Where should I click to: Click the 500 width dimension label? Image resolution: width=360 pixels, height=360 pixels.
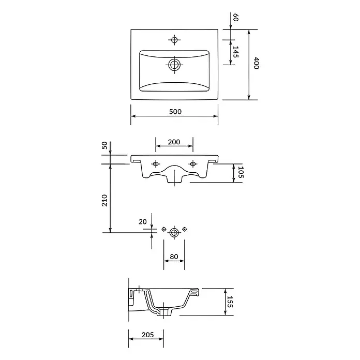pyautogui.click(x=175, y=112)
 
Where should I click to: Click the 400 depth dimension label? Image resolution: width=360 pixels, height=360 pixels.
pyautogui.click(x=256, y=64)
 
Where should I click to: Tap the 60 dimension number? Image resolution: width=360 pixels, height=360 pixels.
pyautogui.click(x=235, y=18)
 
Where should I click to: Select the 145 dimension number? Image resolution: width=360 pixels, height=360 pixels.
pyautogui.click(x=235, y=52)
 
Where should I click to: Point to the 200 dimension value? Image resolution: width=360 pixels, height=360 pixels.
pyautogui.click(x=174, y=142)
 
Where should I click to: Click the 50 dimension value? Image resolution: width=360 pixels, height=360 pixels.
pyautogui.click(x=104, y=145)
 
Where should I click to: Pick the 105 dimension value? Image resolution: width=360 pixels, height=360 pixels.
pyautogui.click(x=241, y=172)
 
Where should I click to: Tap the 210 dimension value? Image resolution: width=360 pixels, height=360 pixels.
pyautogui.click(x=104, y=201)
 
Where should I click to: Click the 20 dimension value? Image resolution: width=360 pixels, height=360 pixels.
pyautogui.click(x=143, y=222)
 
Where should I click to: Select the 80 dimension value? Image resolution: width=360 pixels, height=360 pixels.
pyautogui.click(x=174, y=257)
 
